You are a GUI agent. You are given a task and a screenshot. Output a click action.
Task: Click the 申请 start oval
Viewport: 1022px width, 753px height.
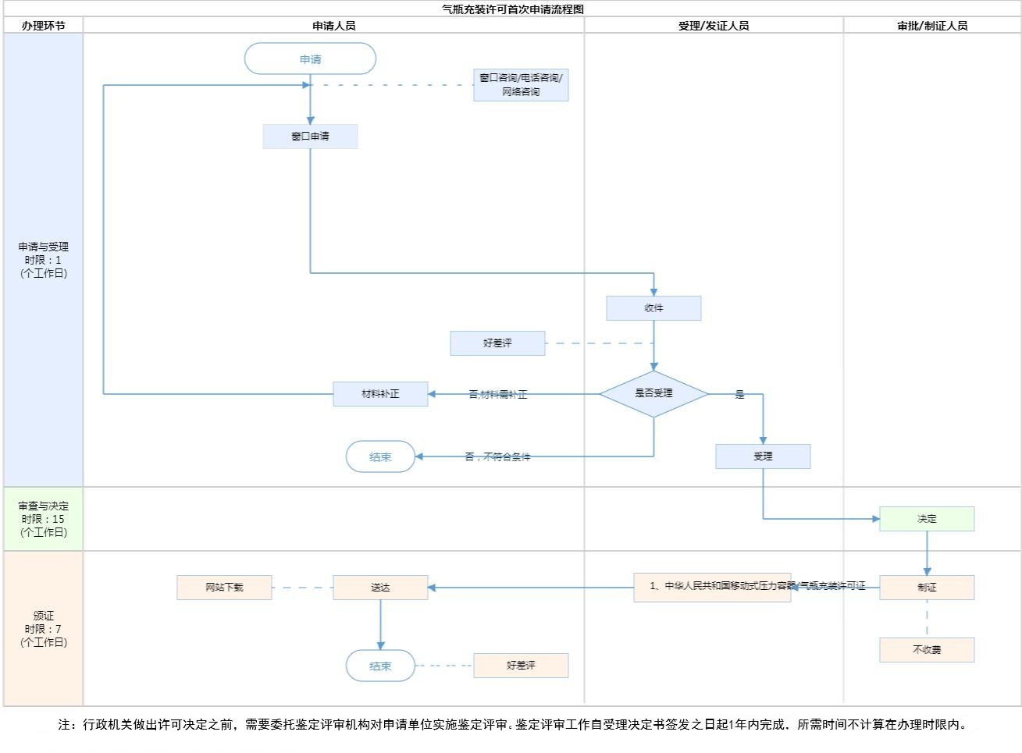[310, 59]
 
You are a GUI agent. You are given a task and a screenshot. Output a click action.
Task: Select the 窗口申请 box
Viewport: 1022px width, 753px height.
[310, 137]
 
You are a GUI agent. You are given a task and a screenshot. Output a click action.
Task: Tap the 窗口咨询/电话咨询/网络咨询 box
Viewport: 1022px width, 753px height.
[521, 85]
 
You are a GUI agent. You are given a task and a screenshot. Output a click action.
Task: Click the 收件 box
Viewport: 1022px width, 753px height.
[653, 308]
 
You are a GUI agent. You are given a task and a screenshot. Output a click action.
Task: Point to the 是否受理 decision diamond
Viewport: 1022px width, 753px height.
[653, 394]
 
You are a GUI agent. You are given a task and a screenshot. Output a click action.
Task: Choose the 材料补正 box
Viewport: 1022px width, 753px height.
[380, 394]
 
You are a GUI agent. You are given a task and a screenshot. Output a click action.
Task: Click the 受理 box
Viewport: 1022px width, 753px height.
[763, 456]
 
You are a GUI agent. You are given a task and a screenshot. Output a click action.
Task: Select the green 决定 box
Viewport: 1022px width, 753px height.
[927, 519]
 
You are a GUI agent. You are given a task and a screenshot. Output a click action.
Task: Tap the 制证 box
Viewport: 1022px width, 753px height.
[927, 588]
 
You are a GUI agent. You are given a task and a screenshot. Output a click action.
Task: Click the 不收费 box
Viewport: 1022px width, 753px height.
[927, 650]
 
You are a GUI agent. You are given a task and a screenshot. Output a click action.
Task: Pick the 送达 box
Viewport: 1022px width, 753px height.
[380, 588]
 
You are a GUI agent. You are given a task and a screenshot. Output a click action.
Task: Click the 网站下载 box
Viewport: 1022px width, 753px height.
[224, 588]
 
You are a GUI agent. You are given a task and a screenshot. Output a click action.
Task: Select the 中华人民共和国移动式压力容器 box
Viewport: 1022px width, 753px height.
[712, 587]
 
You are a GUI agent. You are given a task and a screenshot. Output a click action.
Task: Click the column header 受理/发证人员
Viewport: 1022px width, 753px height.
[714, 26]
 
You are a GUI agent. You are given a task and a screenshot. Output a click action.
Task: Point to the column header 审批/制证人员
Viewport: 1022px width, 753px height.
[932, 26]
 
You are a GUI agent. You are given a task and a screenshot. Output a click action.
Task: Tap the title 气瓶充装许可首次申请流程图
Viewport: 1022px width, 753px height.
[513, 9]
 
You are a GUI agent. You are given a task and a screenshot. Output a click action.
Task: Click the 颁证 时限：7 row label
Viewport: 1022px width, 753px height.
[44, 629]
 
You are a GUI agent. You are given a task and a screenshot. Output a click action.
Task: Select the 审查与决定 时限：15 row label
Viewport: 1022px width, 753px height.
[44, 519]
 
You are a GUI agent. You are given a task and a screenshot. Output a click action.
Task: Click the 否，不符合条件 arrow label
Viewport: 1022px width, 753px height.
[497, 456]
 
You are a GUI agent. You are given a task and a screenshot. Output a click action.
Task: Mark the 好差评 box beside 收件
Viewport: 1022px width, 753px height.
[497, 343]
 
